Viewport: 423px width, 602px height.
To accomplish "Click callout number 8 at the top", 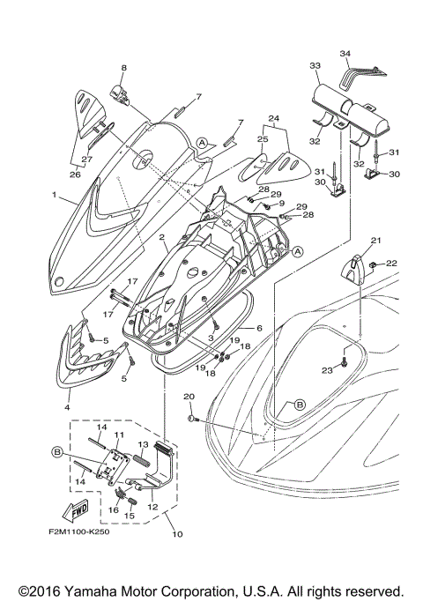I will click(x=124, y=68).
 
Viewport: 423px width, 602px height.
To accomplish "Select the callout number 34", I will click(x=345, y=54).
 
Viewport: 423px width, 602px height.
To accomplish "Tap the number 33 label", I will click(x=315, y=66).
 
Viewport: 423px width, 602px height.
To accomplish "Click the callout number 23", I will click(x=325, y=371).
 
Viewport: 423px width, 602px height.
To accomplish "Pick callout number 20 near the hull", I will click(x=189, y=398).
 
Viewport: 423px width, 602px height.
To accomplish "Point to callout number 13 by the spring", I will click(x=145, y=446).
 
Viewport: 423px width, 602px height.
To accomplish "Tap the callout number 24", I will click(x=273, y=119).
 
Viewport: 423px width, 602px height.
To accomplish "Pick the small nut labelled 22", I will click(x=375, y=264).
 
